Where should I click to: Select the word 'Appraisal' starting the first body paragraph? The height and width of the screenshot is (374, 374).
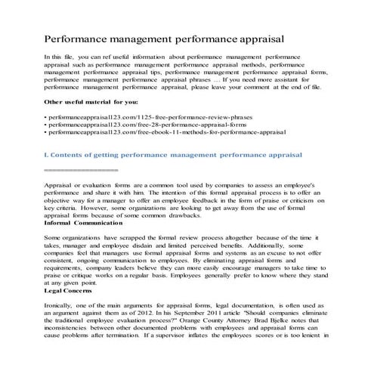point(61,184)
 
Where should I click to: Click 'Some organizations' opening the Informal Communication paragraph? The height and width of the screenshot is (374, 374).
point(76,238)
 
